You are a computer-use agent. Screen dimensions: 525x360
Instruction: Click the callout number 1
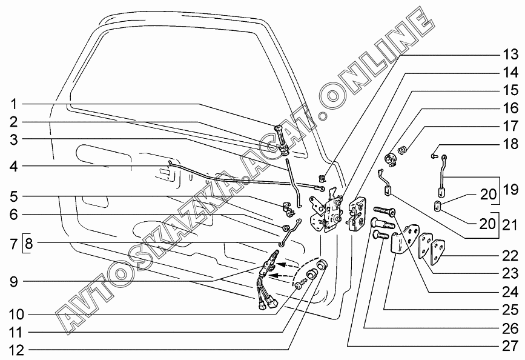coord(14,104)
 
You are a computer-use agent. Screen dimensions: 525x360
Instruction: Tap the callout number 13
coord(510,54)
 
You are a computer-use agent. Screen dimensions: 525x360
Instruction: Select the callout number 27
coord(510,346)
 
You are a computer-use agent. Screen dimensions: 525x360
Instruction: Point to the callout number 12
coord(17,350)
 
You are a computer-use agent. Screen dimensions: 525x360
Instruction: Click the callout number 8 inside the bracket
coord(29,243)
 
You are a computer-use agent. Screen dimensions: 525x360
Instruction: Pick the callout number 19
coord(510,190)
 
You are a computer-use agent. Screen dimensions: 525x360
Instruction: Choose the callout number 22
coord(510,256)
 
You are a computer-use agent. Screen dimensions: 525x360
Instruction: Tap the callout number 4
coord(13,167)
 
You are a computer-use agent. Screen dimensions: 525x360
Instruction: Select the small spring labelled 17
coord(403,150)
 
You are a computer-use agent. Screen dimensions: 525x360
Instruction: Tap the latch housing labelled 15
coord(357,214)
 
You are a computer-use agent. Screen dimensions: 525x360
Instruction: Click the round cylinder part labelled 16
coord(391,159)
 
